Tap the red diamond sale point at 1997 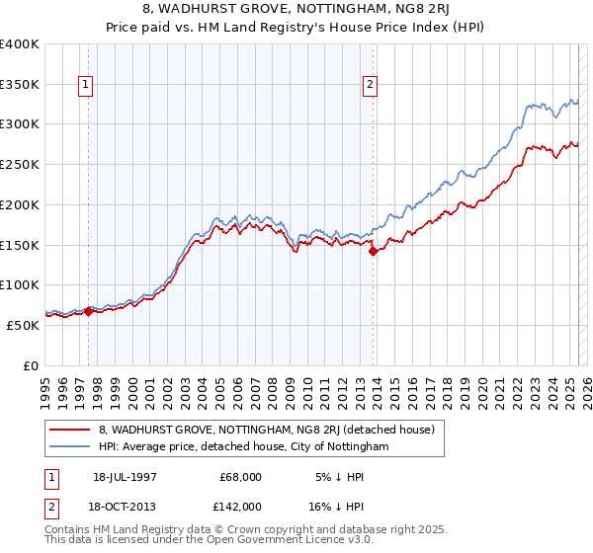point(88,311)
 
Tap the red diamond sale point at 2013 point(373,252)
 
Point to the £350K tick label point(20,85)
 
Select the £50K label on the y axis point(24,325)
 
